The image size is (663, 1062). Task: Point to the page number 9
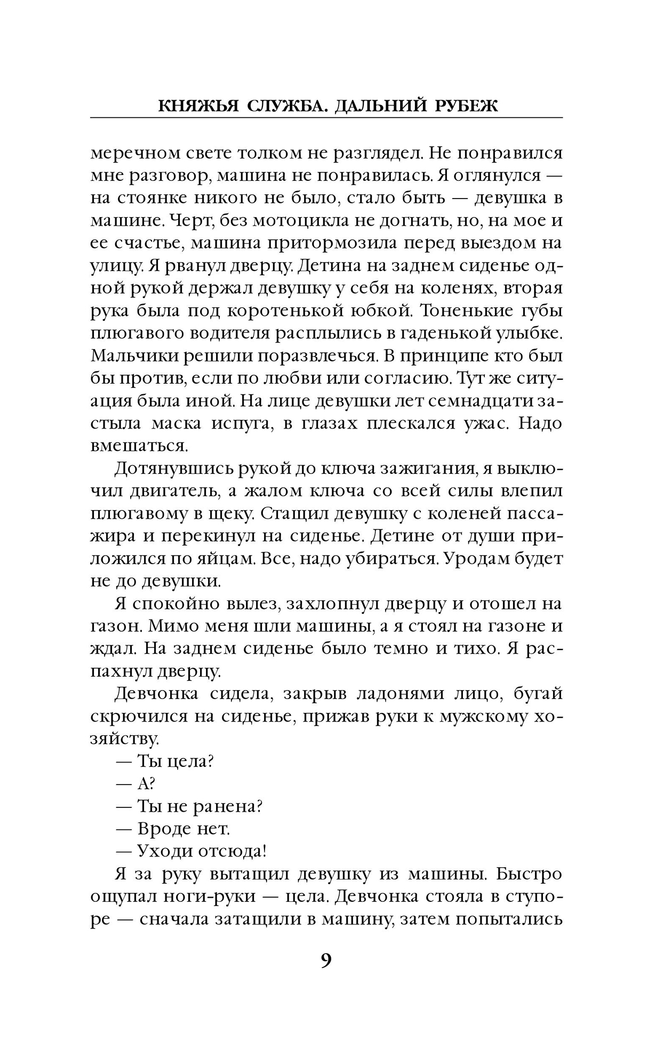(326, 961)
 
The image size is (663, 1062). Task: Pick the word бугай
(538, 694)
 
